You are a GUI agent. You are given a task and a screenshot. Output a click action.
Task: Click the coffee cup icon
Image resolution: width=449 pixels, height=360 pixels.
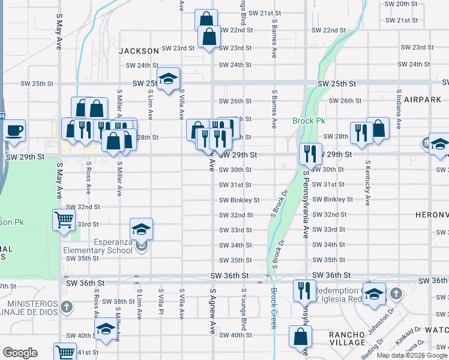pos(14,130)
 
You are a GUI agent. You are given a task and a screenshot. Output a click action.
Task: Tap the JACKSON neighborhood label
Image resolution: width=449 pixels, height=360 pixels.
pos(139,52)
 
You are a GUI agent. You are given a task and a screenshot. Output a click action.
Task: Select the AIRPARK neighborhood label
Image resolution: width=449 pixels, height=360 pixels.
pos(423,99)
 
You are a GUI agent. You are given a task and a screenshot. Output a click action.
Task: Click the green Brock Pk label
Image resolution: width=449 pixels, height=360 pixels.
pos(309,121)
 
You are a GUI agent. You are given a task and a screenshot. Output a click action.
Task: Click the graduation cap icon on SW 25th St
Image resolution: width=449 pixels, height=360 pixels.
pos(169,79)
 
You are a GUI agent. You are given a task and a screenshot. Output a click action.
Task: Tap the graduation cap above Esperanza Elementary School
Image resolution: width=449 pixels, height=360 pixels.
pos(141,229)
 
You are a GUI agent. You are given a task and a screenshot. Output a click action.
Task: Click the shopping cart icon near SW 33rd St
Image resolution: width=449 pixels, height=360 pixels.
pos(64,220)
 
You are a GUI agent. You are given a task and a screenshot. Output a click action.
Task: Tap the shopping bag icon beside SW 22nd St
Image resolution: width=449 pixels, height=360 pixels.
pos(206,19)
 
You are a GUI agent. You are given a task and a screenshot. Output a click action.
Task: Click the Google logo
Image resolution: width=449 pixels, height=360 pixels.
pos(20,353)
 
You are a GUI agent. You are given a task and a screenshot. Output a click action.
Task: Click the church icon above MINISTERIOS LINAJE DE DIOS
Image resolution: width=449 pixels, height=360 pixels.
pos(67,307)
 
